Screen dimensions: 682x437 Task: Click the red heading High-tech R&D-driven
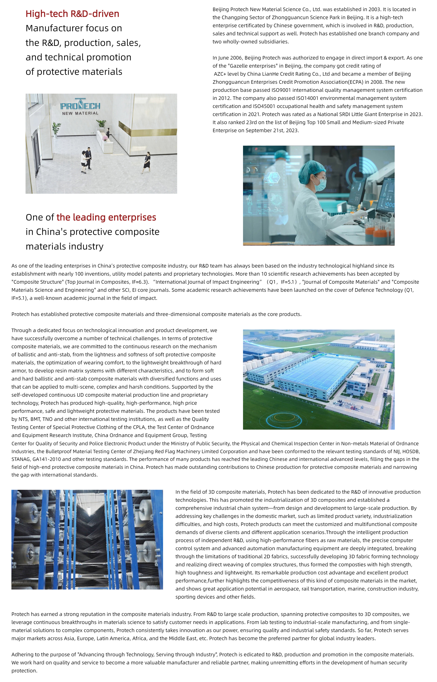72,14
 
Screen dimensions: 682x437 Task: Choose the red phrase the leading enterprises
106,217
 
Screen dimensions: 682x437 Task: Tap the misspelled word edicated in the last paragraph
259,655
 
